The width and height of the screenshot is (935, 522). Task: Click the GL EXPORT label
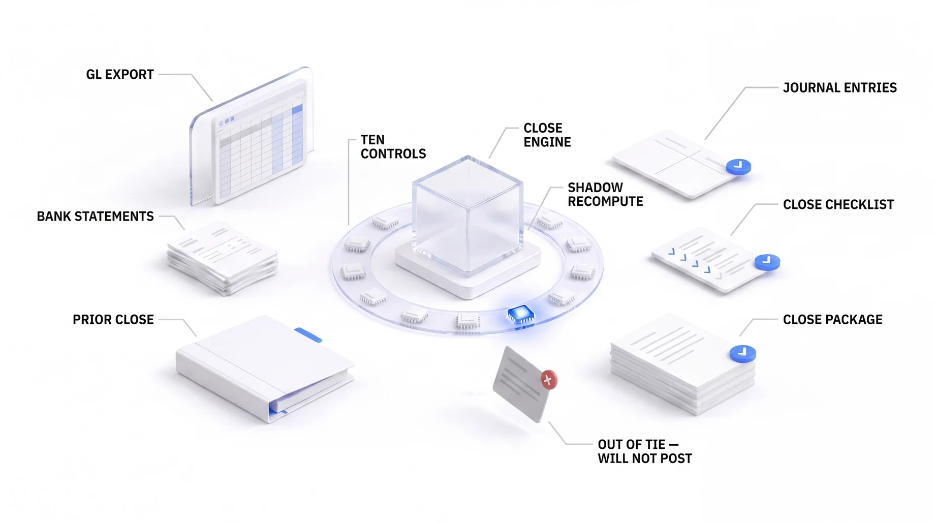tap(120, 75)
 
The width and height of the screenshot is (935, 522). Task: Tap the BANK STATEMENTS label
tap(95, 217)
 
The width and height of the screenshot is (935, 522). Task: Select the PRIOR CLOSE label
tap(113, 320)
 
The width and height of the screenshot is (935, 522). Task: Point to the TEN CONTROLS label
tap(393, 147)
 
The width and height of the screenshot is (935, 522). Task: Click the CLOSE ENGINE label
tap(547, 135)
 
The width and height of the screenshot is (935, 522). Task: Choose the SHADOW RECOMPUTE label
tap(605, 195)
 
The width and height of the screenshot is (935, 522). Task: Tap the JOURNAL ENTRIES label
tap(840, 88)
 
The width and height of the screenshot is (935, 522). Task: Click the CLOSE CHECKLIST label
tap(838, 205)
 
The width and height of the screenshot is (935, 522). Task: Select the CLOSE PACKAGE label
tap(833, 320)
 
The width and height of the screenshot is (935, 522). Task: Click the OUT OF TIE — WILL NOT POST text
tap(645, 452)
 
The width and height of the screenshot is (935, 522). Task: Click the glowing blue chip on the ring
tap(521, 315)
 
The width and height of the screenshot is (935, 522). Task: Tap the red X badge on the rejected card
tap(548, 380)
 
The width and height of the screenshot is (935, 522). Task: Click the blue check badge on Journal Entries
tap(738, 166)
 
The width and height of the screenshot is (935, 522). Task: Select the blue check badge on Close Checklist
tap(767, 262)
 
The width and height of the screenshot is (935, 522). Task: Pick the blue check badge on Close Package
tap(743, 353)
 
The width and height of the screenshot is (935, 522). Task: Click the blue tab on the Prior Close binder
tap(308, 335)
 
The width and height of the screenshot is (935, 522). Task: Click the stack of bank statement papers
tap(223, 258)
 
